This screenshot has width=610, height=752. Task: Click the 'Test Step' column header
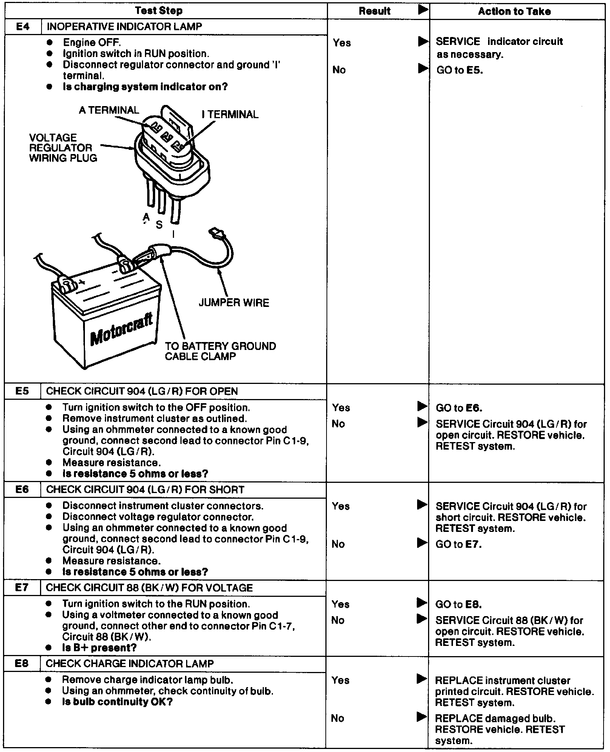point(159,11)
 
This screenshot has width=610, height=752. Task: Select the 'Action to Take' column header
point(514,11)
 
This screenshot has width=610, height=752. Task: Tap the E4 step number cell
point(23,27)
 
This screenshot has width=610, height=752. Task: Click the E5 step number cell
point(22,391)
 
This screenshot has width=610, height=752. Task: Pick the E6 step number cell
point(22,489)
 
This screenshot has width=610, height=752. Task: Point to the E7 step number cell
point(22,587)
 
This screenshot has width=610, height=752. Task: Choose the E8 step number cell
point(22,663)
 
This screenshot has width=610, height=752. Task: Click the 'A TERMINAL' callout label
point(109,110)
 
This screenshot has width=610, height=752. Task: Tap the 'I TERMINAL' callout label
point(230,114)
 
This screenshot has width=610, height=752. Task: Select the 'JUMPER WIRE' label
point(234,303)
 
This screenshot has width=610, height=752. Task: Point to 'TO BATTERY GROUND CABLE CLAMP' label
point(220,351)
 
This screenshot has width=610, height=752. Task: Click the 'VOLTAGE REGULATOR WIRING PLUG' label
point(63,148)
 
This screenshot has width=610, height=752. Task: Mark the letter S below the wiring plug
point(159,225)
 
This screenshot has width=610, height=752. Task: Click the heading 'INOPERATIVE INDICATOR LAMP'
point(124,27)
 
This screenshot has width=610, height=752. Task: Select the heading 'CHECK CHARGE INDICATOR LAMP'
point(129,663)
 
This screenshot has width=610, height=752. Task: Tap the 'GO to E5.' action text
point(459,70)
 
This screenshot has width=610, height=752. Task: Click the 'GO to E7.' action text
point(458,544)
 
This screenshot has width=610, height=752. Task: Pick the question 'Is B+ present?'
point(99,647)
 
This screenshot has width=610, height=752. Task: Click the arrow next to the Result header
point(423,10)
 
